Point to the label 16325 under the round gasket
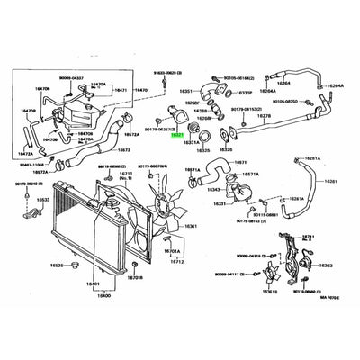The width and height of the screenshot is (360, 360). [204, 149]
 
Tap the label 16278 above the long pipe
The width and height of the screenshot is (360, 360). [265, 115]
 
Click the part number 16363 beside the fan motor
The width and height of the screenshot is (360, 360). [326, 266]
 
